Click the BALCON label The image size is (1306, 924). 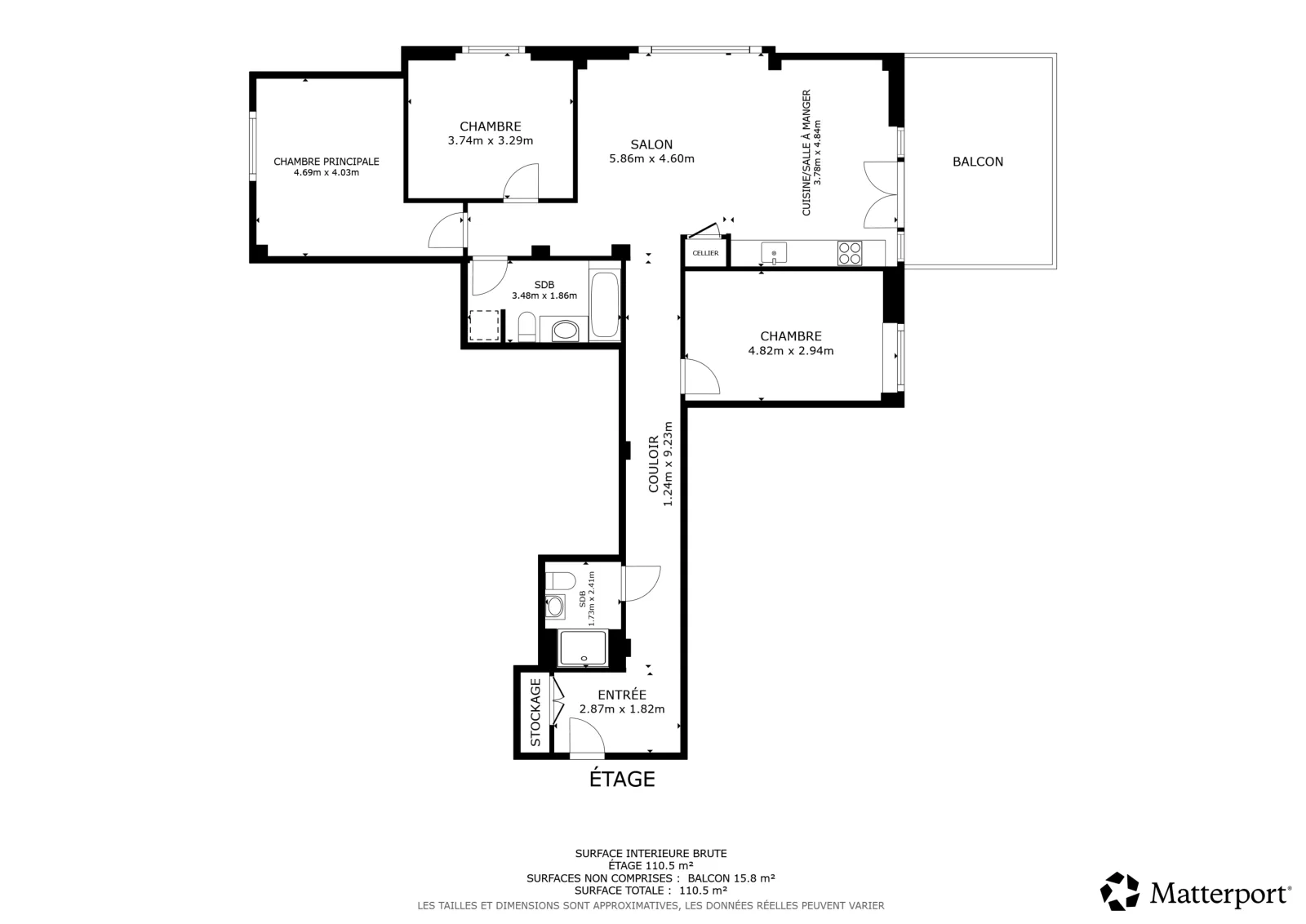(978, 162)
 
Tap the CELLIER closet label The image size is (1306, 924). (705, 253)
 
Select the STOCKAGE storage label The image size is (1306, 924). (535, 713)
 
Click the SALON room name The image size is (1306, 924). (651, 144)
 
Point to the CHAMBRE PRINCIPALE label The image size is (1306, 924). (326, 162)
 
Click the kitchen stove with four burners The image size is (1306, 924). (850, 253)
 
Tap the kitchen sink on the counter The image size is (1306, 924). (774, 253)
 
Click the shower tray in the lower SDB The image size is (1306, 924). (583, 647)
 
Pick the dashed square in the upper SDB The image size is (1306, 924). (484, 326)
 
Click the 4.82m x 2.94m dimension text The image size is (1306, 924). (791, 350)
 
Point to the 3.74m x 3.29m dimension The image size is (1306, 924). (491, 140)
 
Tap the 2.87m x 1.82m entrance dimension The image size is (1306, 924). (622, 709)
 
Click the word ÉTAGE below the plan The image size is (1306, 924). (622, 779)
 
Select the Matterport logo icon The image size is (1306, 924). (1119, 891)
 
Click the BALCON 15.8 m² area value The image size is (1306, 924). (731, 878)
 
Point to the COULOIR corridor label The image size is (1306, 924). (654, 464)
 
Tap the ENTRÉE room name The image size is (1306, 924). (622, 695)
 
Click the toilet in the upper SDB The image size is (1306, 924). (527, 327)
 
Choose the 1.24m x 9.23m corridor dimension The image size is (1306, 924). (669, 464)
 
